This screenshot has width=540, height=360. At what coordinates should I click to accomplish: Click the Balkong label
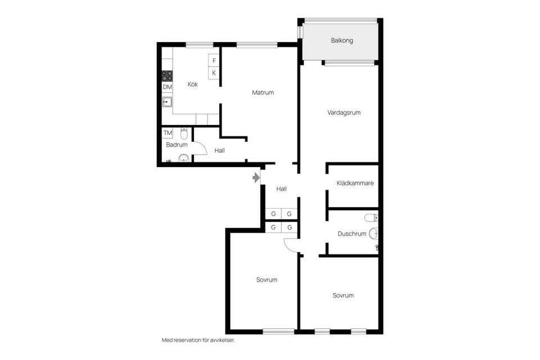tap(342, 40)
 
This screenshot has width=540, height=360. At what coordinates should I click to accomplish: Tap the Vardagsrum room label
tap(344, 112)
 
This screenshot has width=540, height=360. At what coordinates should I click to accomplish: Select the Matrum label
tap(263, 92)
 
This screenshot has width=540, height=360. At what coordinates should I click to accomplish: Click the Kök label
tap(193, 84)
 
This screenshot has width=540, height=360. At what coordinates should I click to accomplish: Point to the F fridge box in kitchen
tap(214, 60)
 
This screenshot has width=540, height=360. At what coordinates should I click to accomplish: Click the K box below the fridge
tap(214, 73)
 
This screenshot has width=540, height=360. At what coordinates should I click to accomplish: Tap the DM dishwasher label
tap(167, 87)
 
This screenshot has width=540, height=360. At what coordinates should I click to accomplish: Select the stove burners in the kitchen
tap(167, 75)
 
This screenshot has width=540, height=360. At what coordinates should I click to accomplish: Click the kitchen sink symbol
tap(167, 102)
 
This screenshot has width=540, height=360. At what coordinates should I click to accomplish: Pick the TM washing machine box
tap(167, 133)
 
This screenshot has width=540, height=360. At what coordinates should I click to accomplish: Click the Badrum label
tap(177, 145)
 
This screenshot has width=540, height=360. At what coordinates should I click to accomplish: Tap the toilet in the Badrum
tap(184, 133)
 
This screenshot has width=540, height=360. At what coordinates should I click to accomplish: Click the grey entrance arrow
tap(256, 178)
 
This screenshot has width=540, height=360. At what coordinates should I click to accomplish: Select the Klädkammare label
tap(355, 183)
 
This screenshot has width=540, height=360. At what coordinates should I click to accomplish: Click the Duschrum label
tap(352, 233)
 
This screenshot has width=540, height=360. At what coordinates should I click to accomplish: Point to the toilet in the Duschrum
tap(371, 218)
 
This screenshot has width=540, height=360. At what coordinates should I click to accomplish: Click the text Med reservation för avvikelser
tap(197, 340)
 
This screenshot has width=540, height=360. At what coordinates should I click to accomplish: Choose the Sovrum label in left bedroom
tap(267, 280)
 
